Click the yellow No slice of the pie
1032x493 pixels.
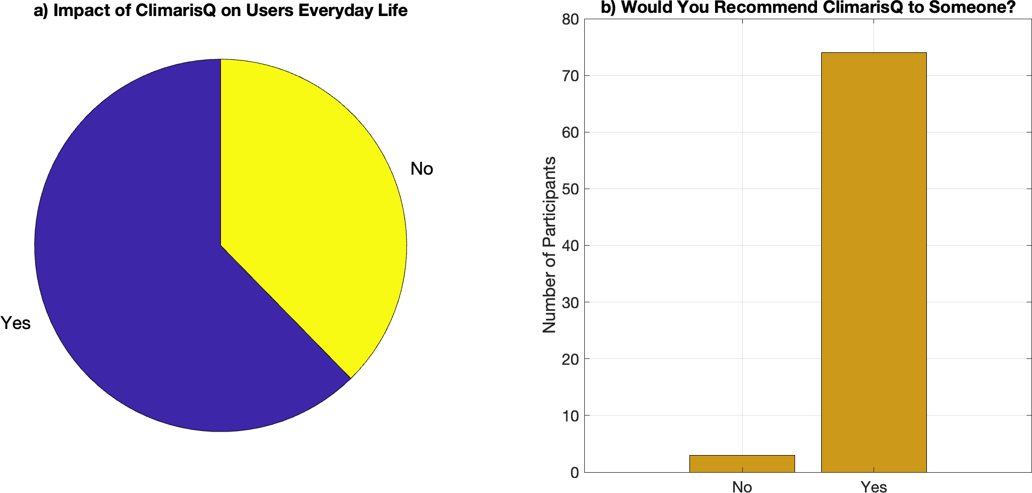tap(309, 203)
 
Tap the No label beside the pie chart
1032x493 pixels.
tap(422, 169)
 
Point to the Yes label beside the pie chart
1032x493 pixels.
tap(15, 323)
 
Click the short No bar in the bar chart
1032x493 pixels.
tap(742, 464)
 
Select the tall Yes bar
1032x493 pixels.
tap(874, 262)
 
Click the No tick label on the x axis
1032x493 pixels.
tap(742, 486)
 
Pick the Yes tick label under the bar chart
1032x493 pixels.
tap(874, 486)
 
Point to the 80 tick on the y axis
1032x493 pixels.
tap(570, 19)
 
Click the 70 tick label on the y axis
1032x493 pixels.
tap(570, 76)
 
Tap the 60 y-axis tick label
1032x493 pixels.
tap(570, 132)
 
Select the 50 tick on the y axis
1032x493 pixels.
tap(570, 189)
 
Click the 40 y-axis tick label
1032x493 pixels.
tap(570, 246)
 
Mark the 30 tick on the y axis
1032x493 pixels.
tap(570, 302)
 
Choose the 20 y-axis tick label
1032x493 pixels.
tap(570, 359)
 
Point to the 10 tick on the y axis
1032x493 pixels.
tap(570, 416)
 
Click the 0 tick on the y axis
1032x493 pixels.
tap(574, 472)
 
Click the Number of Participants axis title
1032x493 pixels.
tap(549, 245)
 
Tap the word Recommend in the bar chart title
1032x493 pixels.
tap(774, 7)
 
